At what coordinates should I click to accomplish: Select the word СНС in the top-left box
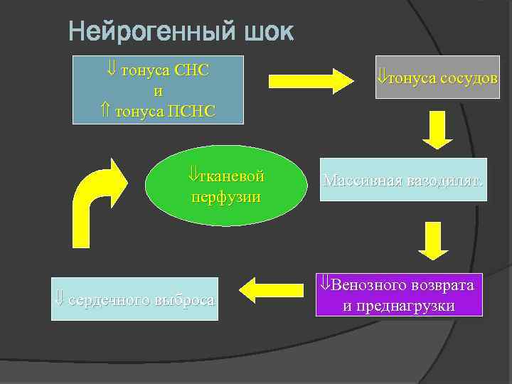click(198, 71)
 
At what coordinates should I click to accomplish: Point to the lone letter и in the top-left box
click(158, 91)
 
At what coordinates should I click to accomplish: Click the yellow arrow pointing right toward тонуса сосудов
click(310, 79)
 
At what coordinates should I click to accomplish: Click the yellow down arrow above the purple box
click(433, 240)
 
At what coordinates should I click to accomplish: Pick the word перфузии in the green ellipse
click(225, 196)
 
